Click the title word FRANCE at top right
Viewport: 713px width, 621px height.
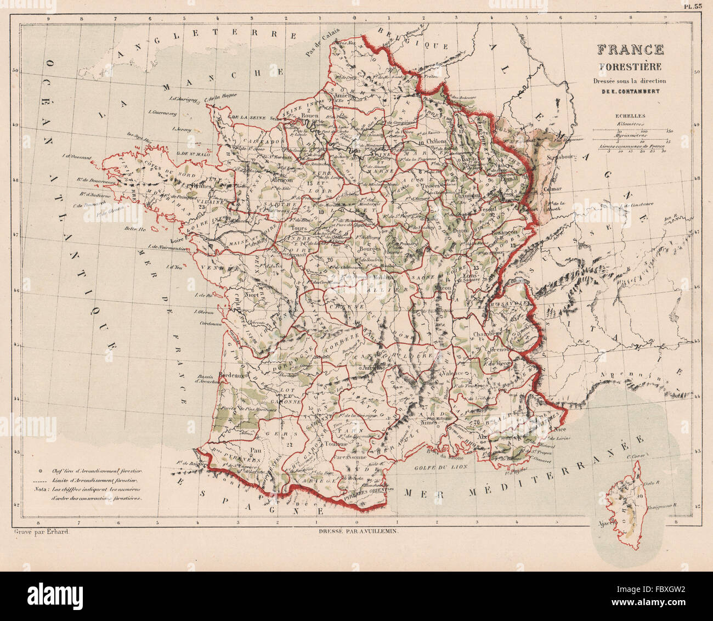point(630,50)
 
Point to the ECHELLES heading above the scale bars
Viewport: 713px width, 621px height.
point(630,116)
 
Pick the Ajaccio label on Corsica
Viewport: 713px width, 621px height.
point(604,521)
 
